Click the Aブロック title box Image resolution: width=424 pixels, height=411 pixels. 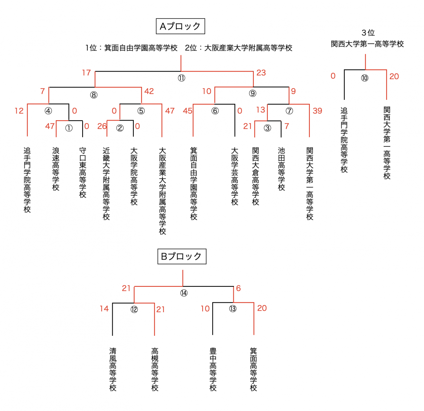180,26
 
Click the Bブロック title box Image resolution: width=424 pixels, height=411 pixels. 182,256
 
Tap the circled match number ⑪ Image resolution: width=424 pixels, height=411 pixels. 181,78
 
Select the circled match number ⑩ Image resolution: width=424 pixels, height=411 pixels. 365,78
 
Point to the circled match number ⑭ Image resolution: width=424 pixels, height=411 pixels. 184,293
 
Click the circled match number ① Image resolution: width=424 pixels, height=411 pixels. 69,128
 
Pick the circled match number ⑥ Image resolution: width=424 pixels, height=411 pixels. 215,111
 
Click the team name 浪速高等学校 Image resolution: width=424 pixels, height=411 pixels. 56,169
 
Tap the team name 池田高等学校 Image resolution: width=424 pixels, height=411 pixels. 282,169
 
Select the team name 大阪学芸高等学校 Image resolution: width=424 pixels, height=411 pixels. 235,176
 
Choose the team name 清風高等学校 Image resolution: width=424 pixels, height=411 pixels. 113,369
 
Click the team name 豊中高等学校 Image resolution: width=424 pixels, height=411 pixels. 213,369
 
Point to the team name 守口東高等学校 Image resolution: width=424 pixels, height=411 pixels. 83,172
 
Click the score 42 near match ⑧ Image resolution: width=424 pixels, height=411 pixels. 149,91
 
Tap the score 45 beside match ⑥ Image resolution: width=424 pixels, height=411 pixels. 187,111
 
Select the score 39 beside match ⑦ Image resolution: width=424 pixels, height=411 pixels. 317,111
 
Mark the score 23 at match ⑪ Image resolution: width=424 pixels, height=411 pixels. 261,73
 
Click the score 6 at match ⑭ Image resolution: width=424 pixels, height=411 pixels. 238,288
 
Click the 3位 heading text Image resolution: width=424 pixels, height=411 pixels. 368,33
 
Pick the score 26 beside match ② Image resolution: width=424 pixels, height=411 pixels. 102,126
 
